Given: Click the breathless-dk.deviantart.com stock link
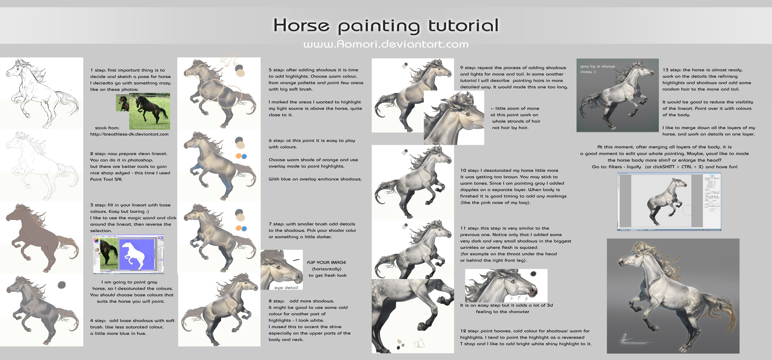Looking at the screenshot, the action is [x=129, y=134].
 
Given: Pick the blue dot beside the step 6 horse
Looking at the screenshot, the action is [x=244, y=156].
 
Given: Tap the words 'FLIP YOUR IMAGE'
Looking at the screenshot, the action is [x=327, y=262].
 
